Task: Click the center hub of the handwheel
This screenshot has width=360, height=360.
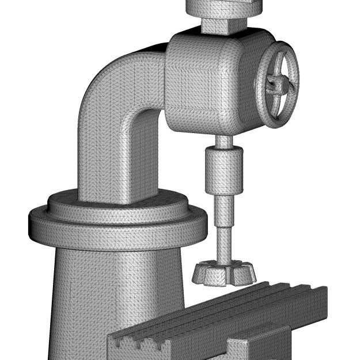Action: (277, 85)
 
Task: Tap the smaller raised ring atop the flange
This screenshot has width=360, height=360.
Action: (115, 204)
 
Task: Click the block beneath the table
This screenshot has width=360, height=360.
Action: (253, 348)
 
